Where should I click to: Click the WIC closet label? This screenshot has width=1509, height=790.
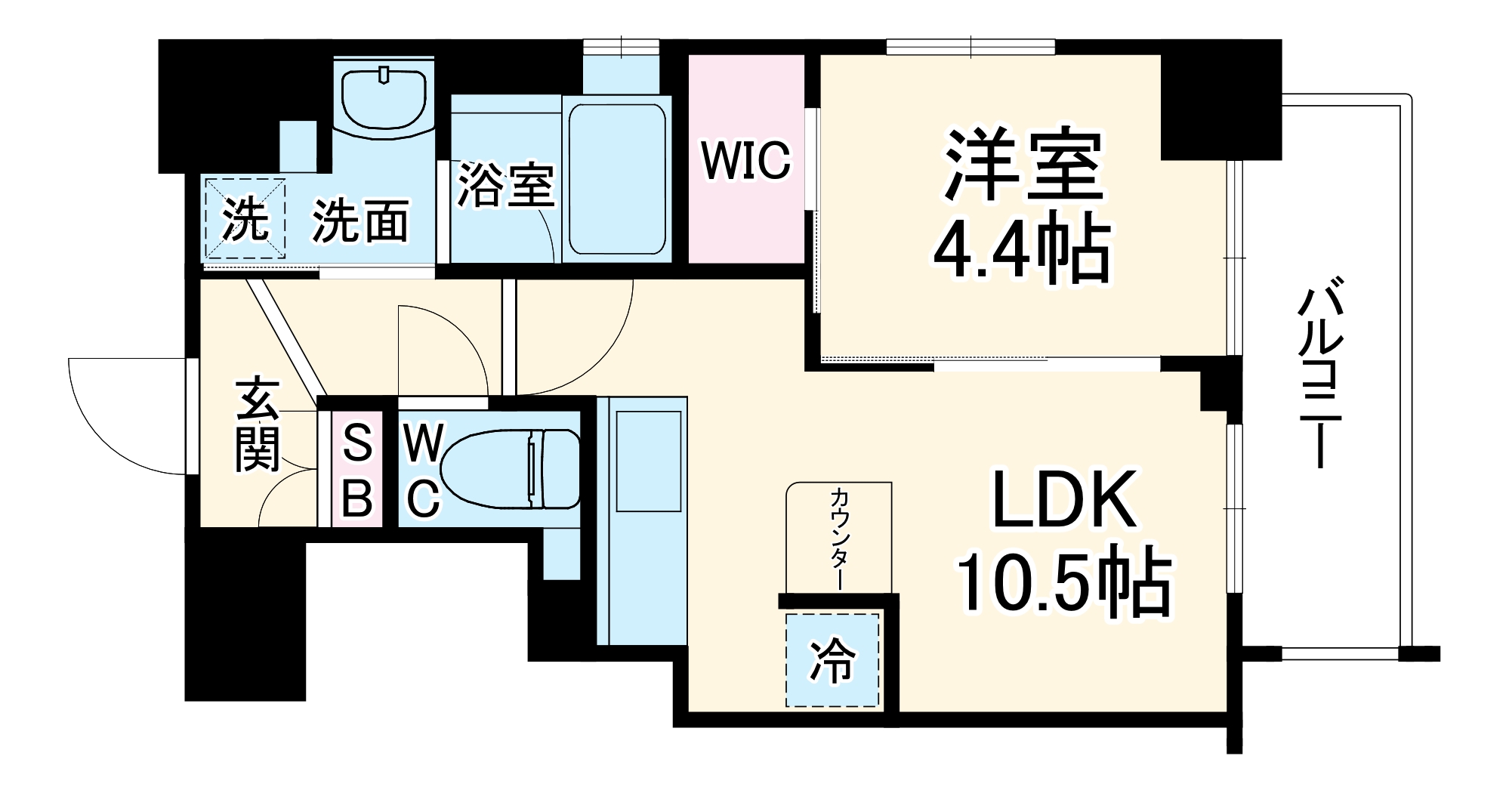(x=745, y=159)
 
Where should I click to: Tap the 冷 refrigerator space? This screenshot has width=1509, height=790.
(x=832, y=660)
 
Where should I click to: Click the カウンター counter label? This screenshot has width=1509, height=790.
(x=838, y=538)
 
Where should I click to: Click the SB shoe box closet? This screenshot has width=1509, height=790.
(x=356, y=469)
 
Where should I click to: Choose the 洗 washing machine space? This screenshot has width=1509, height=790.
(x=244, y=219)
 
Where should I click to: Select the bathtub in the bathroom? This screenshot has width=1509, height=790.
(x=617, y=179)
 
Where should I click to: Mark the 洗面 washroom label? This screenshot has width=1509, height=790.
(x=361, y=221)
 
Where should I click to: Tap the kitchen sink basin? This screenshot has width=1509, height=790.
(x=649, y=461)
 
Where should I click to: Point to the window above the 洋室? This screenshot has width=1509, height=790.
(x=970, y=47)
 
